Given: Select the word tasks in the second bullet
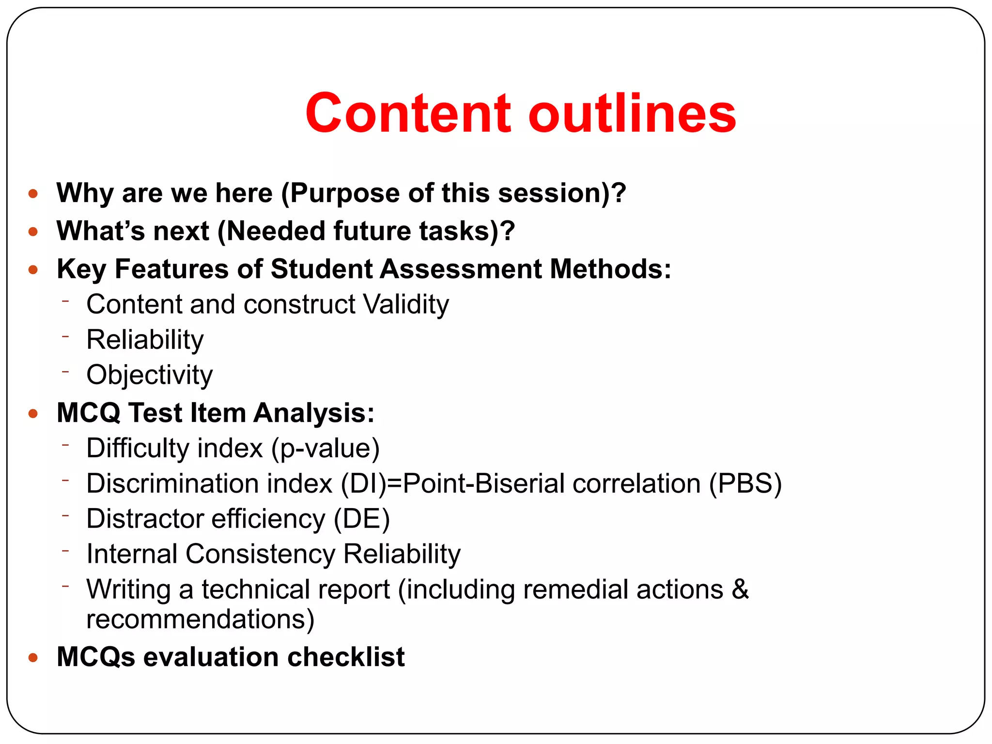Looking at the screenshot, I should pos(458,231).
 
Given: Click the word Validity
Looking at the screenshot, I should pos(406,305).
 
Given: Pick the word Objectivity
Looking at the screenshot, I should pos(149,375).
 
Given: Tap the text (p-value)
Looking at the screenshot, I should pos(325,449).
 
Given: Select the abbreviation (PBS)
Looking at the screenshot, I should pos(745,484).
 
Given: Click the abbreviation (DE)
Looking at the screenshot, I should pos(362,519).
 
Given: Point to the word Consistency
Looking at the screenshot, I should pos(260,554).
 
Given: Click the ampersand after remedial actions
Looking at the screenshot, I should pos(740,589).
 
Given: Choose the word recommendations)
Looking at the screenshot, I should pos(200,620).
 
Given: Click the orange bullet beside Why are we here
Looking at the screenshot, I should pos(33,194).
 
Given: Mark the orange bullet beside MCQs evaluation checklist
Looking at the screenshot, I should pos(33,658).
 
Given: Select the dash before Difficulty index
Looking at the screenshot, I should pos(66,443).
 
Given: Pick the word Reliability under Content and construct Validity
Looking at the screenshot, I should pos(145,340).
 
